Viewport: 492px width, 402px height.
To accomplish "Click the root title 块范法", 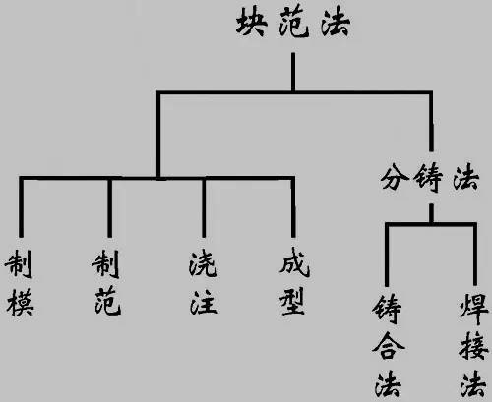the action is pos(293,23).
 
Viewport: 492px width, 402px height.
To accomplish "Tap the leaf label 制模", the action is pos(20,283).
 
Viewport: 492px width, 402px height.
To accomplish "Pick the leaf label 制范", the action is pos(106,282).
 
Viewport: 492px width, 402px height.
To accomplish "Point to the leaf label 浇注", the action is pos(204,282).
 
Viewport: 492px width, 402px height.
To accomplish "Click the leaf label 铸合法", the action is pos(389,345).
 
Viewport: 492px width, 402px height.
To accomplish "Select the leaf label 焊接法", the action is pos(473,345).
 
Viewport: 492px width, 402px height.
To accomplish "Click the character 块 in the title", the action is pos(251,23).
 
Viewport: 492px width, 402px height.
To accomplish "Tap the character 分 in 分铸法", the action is pos(395,178).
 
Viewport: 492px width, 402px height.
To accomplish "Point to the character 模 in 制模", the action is pos(20,302).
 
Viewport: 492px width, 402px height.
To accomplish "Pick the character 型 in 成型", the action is pos(293,301).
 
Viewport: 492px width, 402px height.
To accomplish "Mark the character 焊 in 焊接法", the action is pos(474,309).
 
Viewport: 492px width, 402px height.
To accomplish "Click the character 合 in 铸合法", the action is pos(389,346).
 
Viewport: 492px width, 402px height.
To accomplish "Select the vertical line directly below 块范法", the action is pos(293,72).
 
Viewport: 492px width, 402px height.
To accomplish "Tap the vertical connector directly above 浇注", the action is pos(204,207).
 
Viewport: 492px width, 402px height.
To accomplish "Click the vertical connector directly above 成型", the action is pos(293,207).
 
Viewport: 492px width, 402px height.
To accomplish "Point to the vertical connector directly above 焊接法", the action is pos(474,255).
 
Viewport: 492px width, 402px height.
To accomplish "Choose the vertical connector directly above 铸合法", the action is pos(387,255).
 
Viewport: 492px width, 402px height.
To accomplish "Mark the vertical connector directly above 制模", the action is pos(22,207).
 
